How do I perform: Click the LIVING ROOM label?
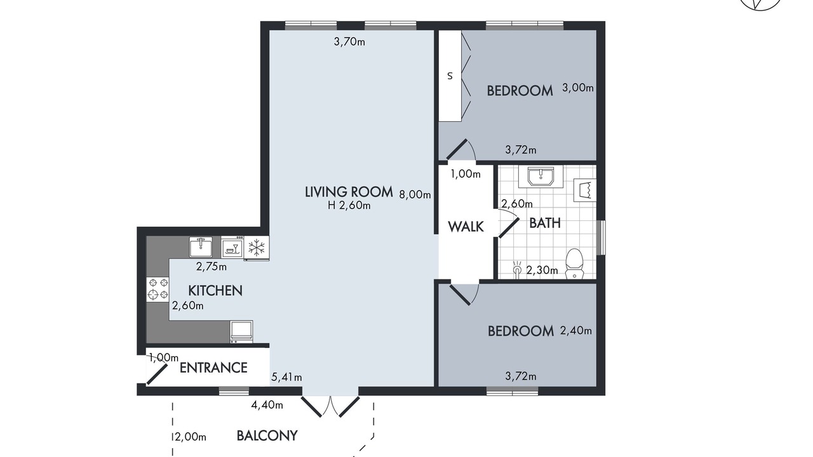349,192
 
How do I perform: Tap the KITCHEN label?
215,291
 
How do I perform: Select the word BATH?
545,223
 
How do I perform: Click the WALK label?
466,227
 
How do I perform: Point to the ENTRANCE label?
213,368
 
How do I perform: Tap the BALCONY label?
267,435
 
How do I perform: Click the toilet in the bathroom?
575,263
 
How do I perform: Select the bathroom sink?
541,176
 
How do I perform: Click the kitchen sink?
201,247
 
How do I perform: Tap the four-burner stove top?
158,289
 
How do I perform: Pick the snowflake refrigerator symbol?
257,248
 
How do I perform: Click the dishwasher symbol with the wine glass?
232,248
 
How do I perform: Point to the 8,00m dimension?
415,195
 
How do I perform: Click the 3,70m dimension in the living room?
349,42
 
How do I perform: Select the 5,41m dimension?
286,377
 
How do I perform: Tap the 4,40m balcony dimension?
267,405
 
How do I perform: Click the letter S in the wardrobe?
450,76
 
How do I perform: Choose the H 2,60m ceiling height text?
349,206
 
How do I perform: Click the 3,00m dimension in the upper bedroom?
578,88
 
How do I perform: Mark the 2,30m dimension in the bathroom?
542,270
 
